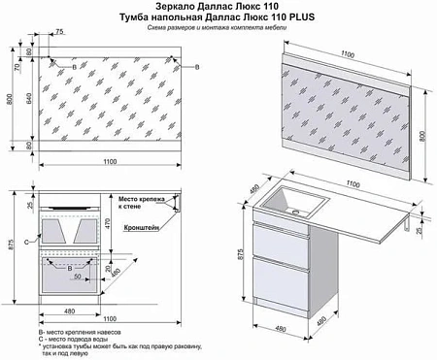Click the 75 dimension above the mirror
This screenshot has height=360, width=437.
tap(60, 32)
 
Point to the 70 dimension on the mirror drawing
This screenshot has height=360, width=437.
tap(17, 68)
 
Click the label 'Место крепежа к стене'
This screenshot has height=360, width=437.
tap(143, 202)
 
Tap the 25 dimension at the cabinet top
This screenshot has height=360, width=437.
tap(30, 206)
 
